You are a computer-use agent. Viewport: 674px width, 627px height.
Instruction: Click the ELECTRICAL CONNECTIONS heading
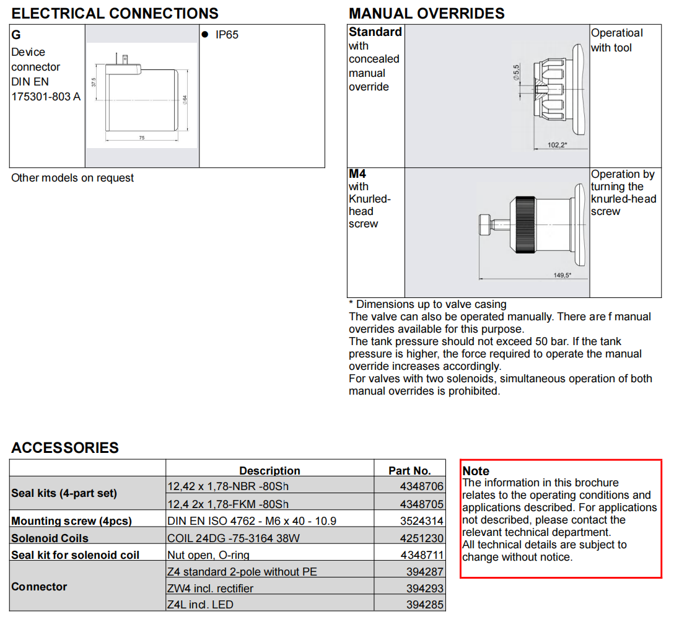click(115, 14)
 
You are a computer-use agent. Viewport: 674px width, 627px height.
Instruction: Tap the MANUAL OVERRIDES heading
click(426, 14)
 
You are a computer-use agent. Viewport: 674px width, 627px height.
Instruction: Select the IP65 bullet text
click(227, 35)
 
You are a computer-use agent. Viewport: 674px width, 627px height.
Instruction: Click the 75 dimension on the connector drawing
click(141, 138)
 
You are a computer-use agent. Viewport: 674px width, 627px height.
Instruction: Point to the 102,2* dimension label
click(558, 146)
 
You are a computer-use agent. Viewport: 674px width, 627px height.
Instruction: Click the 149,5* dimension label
click(562, 275)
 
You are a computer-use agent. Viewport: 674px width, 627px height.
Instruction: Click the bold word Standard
click(375, 32)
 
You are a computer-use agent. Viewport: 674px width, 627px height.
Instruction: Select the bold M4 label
click(357, 174)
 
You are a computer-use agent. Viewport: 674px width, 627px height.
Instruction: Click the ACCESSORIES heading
click(65, 448)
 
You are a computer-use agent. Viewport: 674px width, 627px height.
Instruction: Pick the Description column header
click(269, 471)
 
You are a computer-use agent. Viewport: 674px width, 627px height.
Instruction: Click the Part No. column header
click(409, 471)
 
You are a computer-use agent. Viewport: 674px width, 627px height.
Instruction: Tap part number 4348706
click(422, 487)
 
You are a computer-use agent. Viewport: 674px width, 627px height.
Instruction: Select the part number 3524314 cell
click(422, 521)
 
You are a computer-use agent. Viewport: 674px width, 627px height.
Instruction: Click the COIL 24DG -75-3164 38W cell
click(234, 538)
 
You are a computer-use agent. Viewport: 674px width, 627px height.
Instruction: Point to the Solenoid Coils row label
click(50, 538)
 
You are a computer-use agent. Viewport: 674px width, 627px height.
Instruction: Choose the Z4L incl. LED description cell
click(201, 604)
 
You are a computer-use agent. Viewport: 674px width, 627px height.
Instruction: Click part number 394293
click(425, 588)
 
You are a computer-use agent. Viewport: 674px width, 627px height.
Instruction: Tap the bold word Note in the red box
click(475, 471)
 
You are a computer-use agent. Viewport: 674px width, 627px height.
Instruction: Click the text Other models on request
click(72, 178)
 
